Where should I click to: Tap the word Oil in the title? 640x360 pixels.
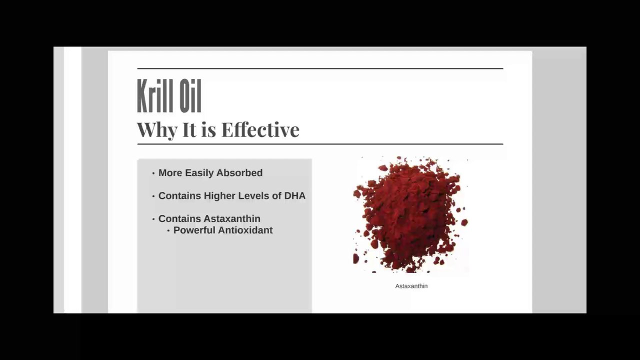pos(188,96)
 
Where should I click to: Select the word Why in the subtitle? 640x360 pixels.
pos(157,130)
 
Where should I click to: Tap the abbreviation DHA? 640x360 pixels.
pos(294,196)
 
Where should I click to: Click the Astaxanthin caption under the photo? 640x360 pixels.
pos(411,286)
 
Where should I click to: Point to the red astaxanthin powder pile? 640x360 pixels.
pos(410,215)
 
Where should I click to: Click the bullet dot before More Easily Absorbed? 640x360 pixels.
pos(153,173)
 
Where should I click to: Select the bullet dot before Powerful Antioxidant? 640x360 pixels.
pos(168,231)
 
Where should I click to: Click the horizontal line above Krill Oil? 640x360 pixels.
pos(320,68)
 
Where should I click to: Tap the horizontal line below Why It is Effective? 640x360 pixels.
pos(320,144)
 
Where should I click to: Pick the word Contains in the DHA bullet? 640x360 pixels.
pos(179,196)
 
